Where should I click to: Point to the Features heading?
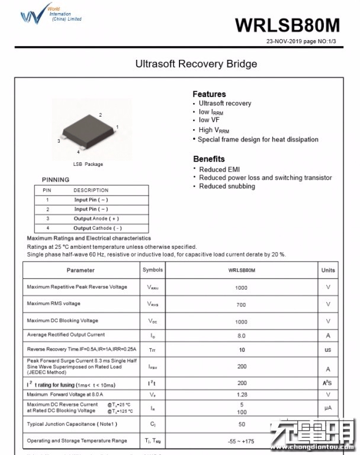209,94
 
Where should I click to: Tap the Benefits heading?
209,159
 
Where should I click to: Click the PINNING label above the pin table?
56,180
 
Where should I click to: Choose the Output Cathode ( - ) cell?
98,228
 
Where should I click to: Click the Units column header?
328,270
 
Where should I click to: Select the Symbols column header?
153,270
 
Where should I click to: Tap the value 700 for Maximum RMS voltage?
242,305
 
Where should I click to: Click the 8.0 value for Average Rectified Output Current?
242,335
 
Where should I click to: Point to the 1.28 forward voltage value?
242,395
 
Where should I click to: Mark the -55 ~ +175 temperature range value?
242,441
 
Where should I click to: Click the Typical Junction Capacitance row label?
72,424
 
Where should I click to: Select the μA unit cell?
328,408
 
